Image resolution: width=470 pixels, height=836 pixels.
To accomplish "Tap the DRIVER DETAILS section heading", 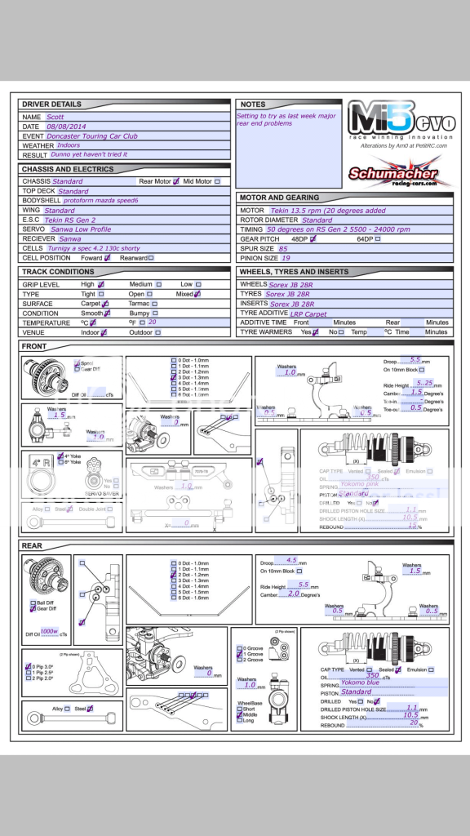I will click(x=51, y=104).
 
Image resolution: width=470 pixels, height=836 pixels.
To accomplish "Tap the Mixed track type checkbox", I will click(x=197, y=294).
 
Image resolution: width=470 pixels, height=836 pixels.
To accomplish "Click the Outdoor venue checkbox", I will click(x=159, y=332).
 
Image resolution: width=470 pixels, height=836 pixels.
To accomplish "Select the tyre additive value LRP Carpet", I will click(x=308, y=313).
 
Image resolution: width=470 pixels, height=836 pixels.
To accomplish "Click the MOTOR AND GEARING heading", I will click(x=280, y=198).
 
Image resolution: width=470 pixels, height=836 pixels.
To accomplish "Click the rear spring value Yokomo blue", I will click(x=360, y=683).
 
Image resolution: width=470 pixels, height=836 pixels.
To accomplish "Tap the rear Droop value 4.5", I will click(x=292, y=561).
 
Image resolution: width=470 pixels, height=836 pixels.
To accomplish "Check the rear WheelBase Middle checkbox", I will click(x=239, y=714).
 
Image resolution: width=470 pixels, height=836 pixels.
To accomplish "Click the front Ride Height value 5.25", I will click(x=423, y=382).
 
